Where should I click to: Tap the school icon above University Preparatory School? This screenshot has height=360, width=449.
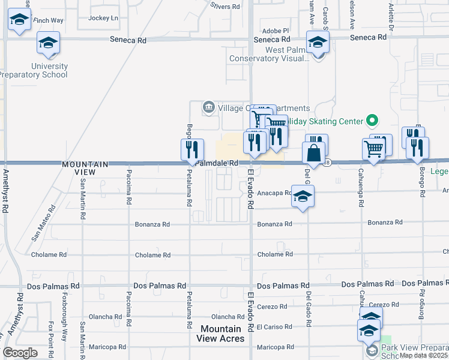coord(49,43)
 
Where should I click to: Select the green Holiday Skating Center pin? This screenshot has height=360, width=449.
coord(372,121)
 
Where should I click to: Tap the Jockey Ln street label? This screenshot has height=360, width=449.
coord(103,18)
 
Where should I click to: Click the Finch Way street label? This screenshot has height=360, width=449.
coord(49,20)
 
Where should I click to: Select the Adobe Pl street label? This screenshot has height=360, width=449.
coord(276,30)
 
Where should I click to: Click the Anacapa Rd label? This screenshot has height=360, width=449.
coord(274,193)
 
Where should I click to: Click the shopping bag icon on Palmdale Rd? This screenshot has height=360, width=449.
coord(314,154)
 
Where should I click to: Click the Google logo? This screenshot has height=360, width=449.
coord(20,353)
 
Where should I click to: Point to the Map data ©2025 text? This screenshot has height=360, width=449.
coord(423,355)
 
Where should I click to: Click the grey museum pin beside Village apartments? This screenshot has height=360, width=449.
coord(208,107)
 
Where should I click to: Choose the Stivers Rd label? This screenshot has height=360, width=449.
coord(225,7)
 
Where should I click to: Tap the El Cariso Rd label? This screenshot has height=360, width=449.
coord(274,327)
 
